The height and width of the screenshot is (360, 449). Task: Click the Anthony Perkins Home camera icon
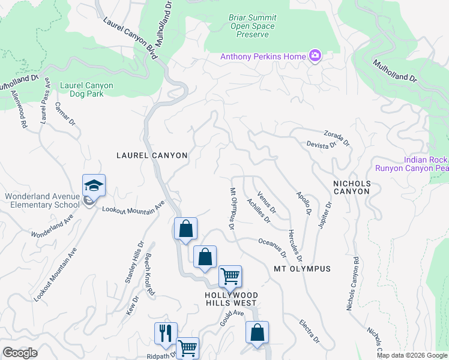click(315, 56)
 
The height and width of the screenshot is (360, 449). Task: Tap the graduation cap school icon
click(94, 185)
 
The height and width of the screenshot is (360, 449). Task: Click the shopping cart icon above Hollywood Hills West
click(230, 277)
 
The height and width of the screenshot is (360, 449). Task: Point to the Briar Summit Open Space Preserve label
click(252, 26)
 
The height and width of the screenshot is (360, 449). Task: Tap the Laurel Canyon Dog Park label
click(86, 90)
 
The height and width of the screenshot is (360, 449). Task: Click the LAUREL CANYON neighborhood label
click(152, 155)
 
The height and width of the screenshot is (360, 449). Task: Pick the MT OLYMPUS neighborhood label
click(302, 268)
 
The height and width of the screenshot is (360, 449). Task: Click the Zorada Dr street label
click(337, 137)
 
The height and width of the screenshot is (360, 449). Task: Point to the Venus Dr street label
click(267, 203)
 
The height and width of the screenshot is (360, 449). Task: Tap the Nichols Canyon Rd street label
click(352, 284)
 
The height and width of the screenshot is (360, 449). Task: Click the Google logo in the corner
click(20, 353)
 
